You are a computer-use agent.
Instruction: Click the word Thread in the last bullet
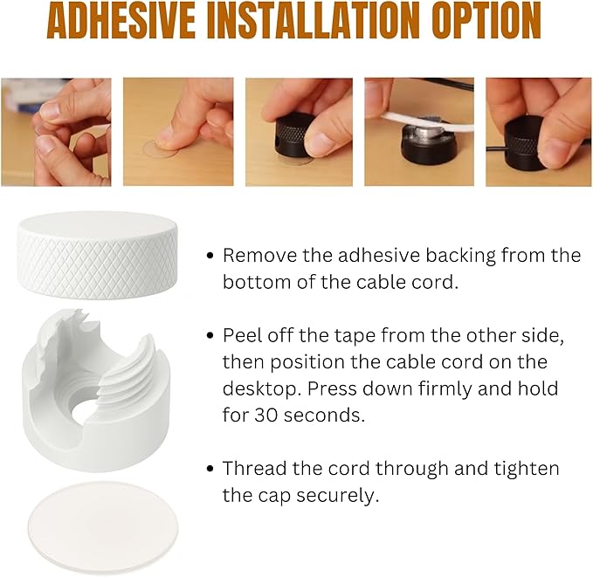point(254,469)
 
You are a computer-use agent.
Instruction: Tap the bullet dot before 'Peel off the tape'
point(210,335)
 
